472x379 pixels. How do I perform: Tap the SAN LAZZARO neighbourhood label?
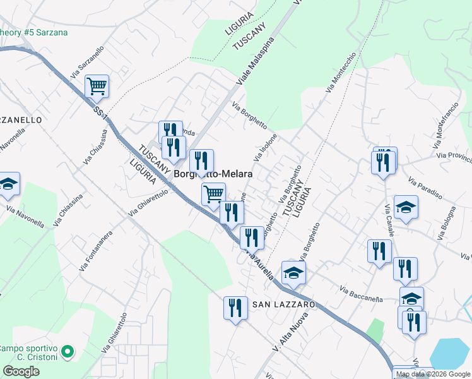(283, 304)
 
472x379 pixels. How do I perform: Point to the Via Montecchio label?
(341, 73)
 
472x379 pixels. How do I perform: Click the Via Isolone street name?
(266, 147)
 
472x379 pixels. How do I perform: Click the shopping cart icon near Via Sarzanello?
(97, 86)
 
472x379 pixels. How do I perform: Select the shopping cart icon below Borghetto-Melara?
(214, 193)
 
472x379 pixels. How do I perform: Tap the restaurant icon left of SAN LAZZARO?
(235, 308)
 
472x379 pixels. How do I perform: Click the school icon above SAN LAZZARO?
(293, 272)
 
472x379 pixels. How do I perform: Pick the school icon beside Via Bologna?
(406, 207)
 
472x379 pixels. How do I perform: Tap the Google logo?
(21, 371)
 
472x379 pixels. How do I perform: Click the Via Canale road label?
(389, 217)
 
